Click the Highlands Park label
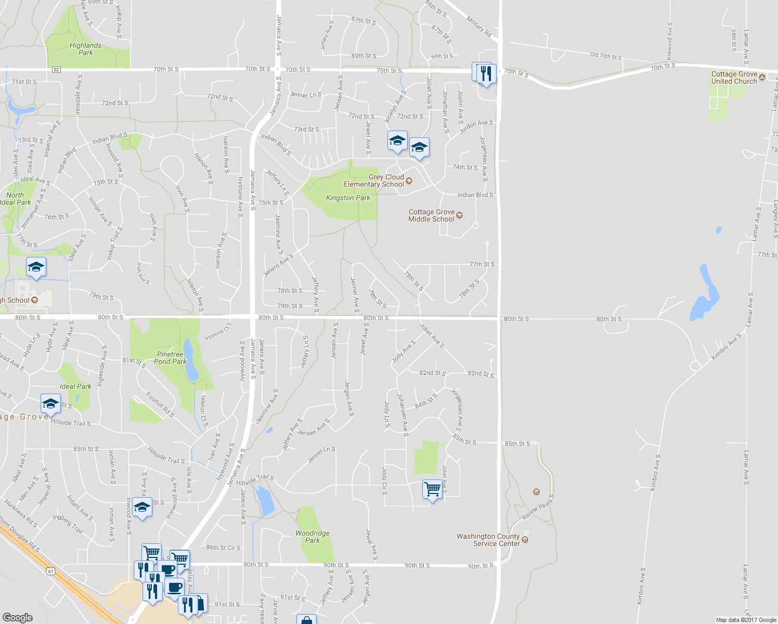pos(85,49)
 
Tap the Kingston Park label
pos(348,198)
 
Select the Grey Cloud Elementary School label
pos(373,180)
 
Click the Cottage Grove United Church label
pos(734,77)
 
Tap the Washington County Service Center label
pos(488,540)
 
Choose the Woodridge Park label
pos(312,537)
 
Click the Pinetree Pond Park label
pos(170,358)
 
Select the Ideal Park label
pos(75,386)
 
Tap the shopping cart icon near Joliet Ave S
pos(432,489)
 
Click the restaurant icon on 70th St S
pos(486,73)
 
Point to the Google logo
pos(18,617)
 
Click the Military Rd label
pos(479,27)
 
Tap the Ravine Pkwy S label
pos(538,507)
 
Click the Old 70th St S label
pos(605,56)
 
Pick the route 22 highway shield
pos(56,70)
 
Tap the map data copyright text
pos(746,620)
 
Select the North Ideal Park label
pos(16,199)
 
